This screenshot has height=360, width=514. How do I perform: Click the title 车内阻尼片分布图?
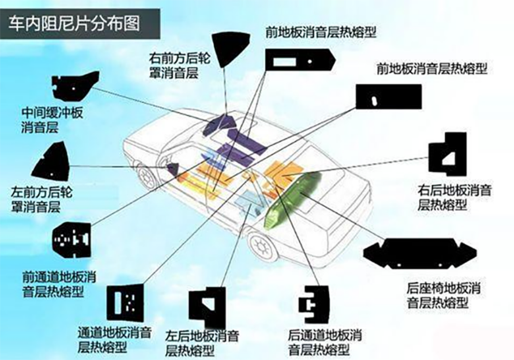(x=74, y=21)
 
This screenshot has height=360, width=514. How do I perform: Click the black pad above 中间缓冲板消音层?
(x=73, y=85)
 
